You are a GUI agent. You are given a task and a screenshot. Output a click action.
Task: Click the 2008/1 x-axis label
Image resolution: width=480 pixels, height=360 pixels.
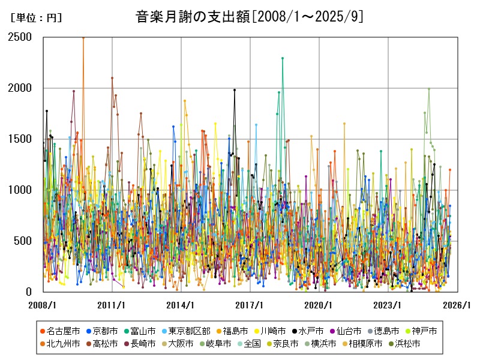tap(43, 305)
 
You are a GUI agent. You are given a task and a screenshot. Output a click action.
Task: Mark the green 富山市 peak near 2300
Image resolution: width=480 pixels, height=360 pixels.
tap(283, 58)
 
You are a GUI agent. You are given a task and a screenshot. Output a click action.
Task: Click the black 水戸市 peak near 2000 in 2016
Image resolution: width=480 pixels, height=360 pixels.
tap(235, 90)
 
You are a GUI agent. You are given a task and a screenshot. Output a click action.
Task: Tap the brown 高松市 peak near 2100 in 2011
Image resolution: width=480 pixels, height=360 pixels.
tap(112, 78)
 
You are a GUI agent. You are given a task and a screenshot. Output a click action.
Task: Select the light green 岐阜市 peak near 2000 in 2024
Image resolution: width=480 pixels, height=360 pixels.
tap(428, 89)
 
